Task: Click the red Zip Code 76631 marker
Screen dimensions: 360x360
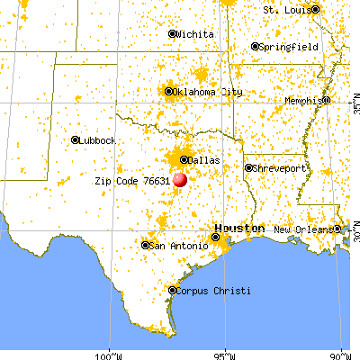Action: pos(179,179)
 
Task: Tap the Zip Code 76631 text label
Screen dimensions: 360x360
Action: pos(132,180)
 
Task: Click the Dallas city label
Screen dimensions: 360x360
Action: pos(203,161)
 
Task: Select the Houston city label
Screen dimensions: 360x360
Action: pos(238,228)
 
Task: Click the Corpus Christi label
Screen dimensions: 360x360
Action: pos(212,291)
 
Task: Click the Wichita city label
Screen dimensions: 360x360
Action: pos(195,34)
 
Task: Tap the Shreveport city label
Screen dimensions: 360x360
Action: pos(279,167)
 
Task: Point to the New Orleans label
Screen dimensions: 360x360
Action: pos(302,230)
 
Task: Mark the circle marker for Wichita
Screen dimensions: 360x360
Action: pos(173,33)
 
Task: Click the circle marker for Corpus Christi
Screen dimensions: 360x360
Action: pos(173,290)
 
